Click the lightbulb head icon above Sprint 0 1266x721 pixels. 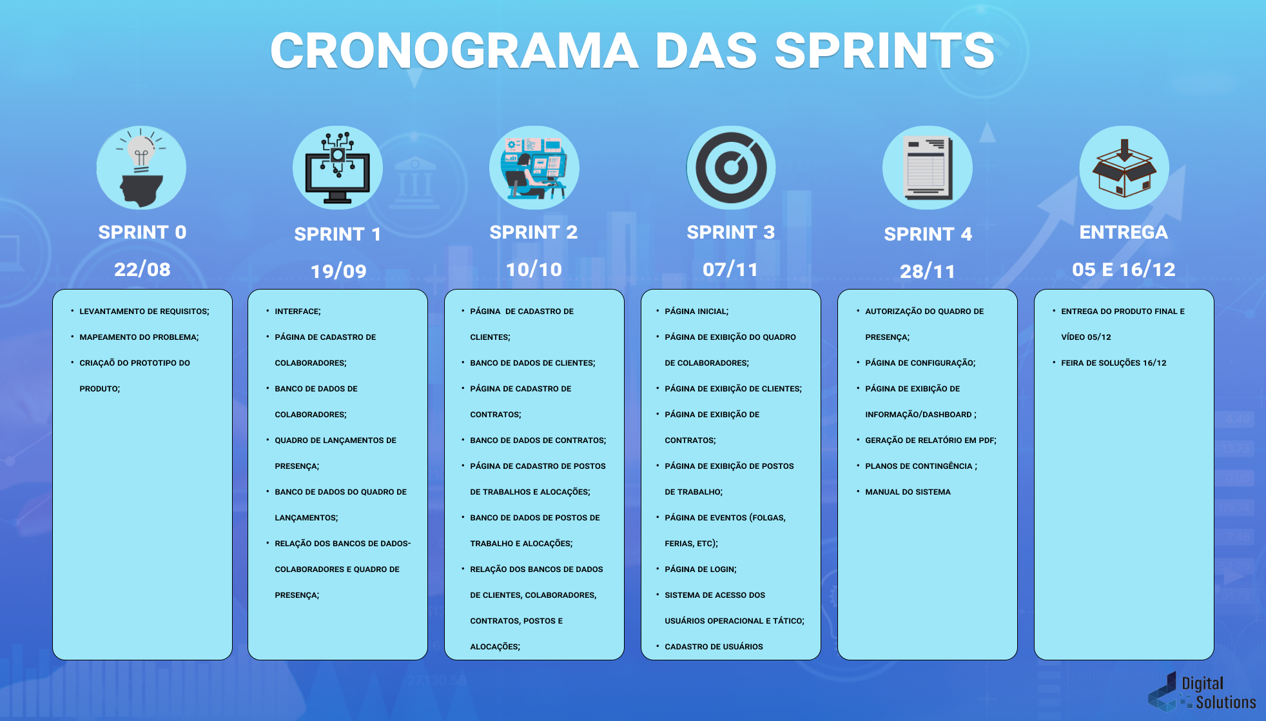click(141, 168)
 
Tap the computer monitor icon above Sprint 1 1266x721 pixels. click(338, 168)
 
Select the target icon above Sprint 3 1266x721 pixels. click(730, 168)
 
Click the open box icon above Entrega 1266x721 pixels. click(1124, 168)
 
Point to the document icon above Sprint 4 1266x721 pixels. click(927, 168)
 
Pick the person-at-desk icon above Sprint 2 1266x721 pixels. click(534, 168)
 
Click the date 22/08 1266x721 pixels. click(142, 269)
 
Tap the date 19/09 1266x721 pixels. click(338, 271)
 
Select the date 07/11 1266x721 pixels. click(730, 269)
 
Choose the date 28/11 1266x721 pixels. click(928, 271)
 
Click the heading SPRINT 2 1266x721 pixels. click(534, 232)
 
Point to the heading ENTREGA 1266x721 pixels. click(1124, 232)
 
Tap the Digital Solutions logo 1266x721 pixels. click(1202, 693)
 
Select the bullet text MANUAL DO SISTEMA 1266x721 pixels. click(908, 492)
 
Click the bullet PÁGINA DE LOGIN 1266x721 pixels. click(701, 569)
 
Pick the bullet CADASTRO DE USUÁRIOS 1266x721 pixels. click(714, 647)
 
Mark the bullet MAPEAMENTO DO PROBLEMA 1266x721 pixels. click(139, 337)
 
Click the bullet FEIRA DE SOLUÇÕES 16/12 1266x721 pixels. click(1113, 363)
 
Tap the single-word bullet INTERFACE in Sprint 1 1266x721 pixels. click(297, 311)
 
